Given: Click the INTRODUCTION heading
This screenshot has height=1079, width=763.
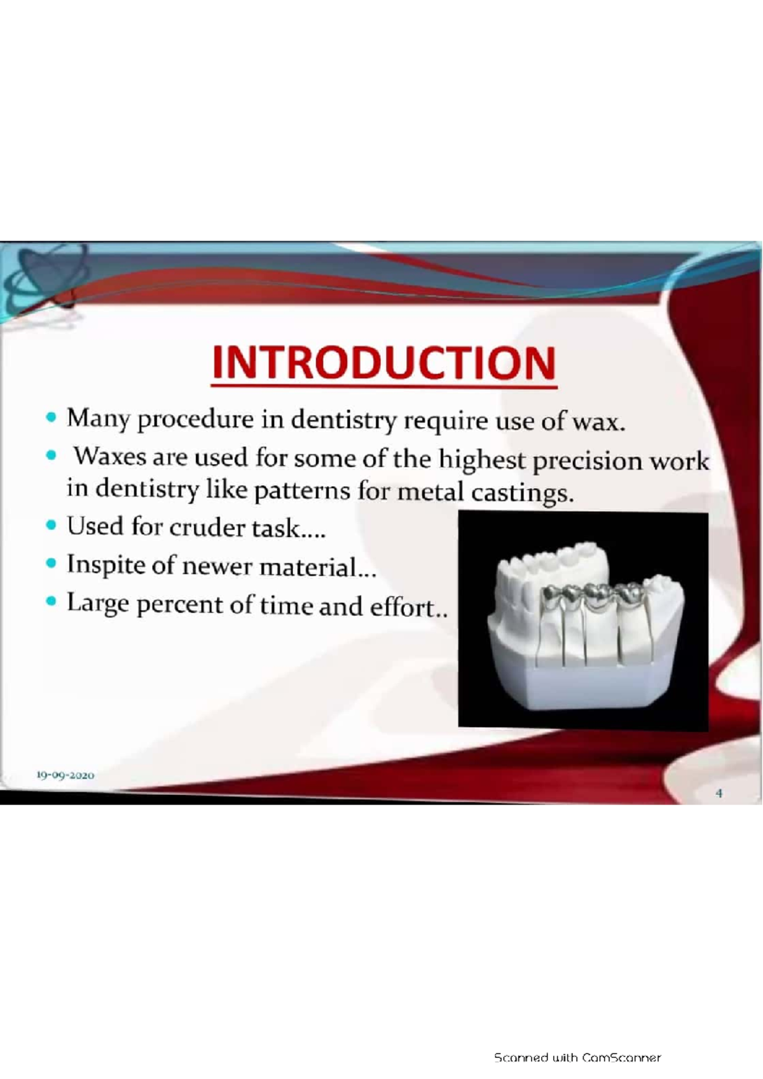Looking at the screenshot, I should [384, 363].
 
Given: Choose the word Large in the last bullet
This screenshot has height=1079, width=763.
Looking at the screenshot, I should [98, 603].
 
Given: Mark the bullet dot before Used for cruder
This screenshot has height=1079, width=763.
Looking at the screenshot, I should [52, 526].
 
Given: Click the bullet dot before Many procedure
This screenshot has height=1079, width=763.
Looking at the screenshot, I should [52, 418].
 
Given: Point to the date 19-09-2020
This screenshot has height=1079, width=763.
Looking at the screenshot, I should [65, 775].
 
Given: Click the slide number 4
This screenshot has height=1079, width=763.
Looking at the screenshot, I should [719, 793].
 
